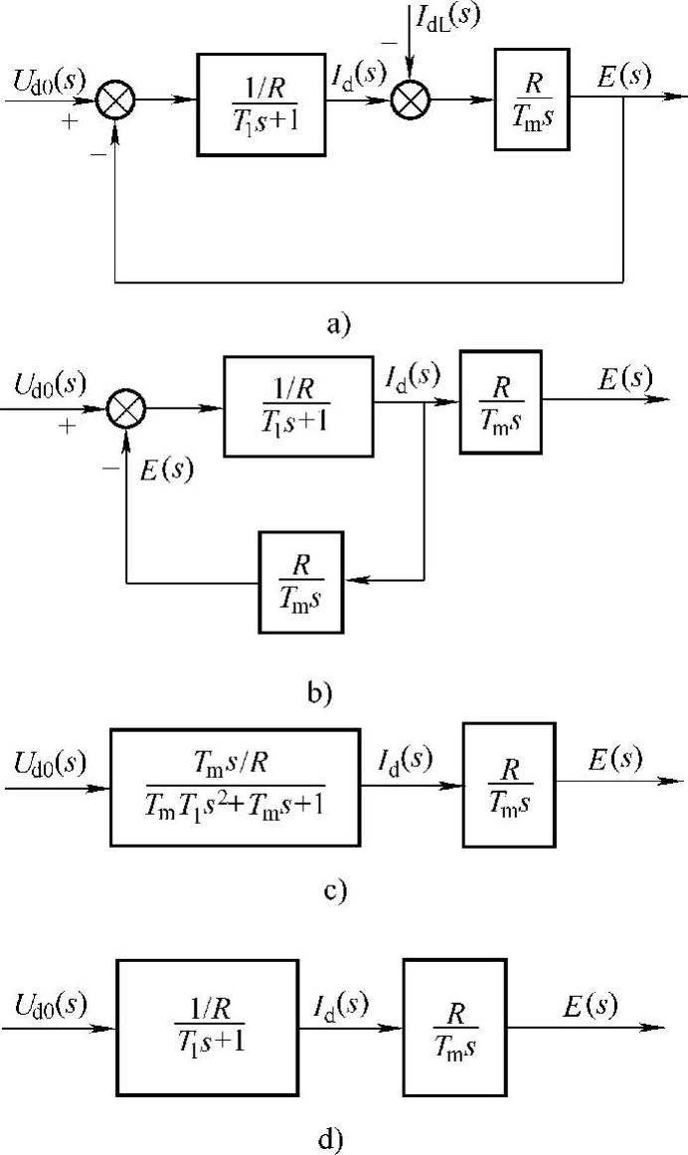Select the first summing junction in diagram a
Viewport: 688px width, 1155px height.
click(117, 98)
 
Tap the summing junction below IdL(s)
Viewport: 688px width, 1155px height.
click(408, 98)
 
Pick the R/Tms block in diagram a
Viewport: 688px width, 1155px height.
click(532, 99)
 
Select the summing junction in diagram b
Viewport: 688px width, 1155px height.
click(127, 407)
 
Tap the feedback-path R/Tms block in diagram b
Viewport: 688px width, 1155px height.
click(300, 582)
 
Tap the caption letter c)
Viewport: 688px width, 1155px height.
click(335, 888)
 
